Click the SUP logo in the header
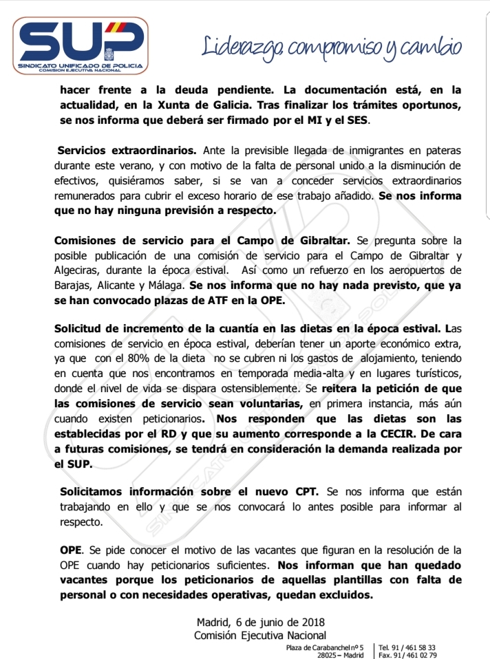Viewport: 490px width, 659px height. (x=82, y=45)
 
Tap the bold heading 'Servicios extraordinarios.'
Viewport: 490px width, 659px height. (x=127, y=150)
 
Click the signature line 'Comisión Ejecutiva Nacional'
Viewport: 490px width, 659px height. (x=260, y=635)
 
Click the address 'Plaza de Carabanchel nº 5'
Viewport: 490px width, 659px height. (x=325, y=647)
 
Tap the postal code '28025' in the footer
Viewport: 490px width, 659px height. (x=329, y=655)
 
